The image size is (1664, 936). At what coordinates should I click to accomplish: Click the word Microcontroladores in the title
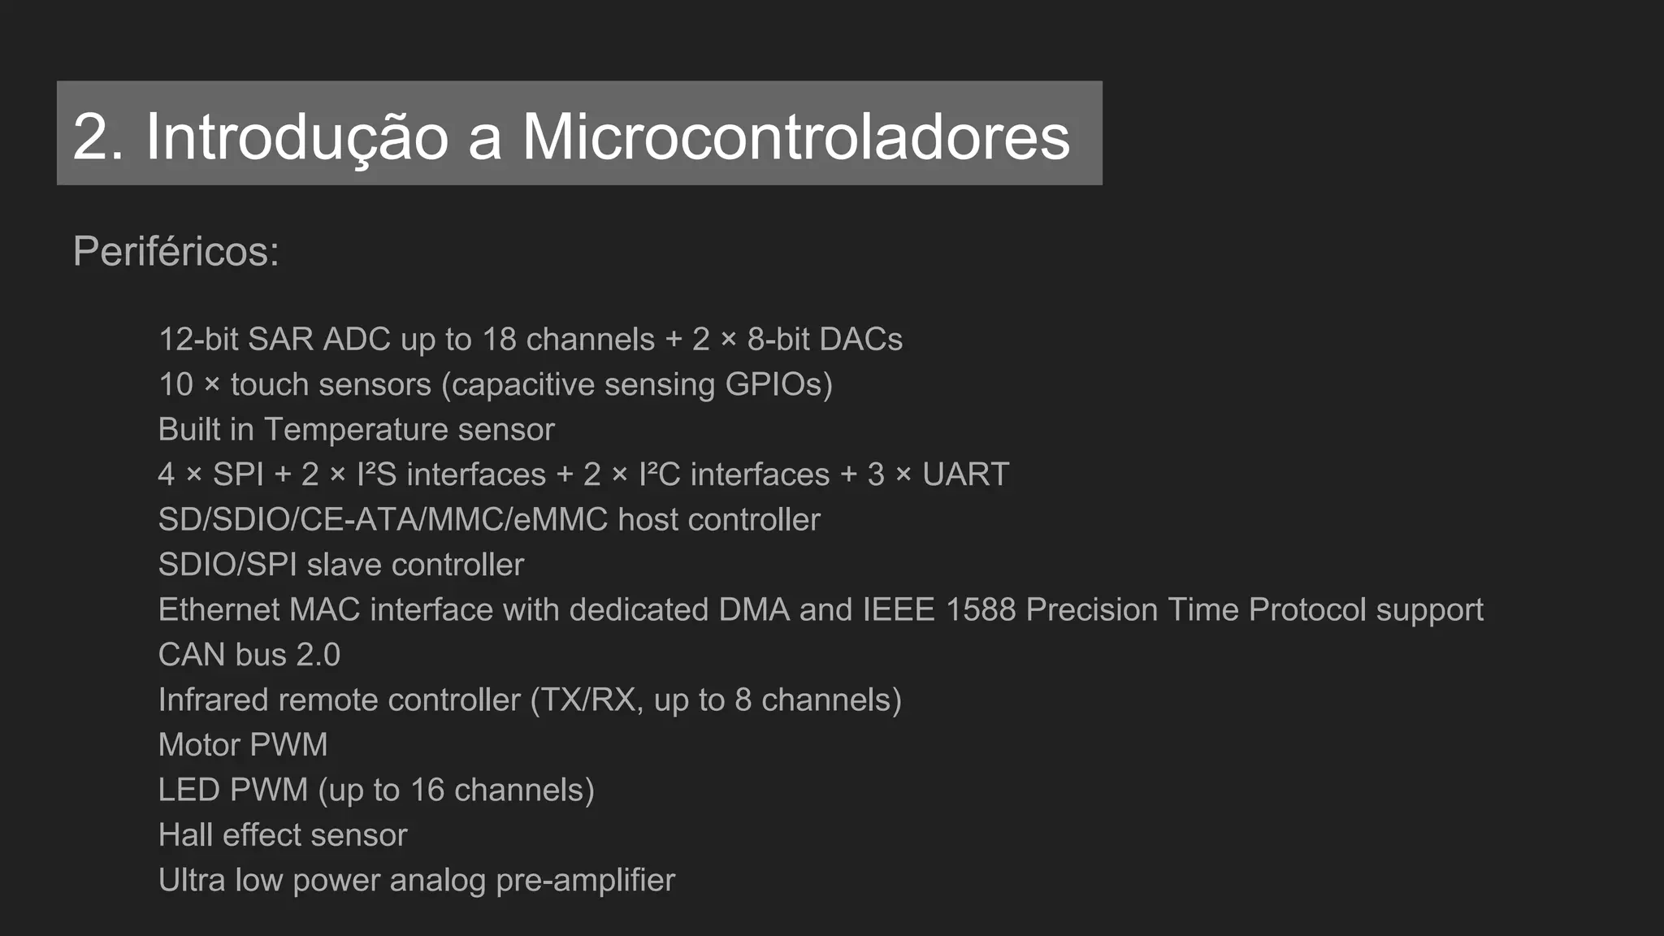pyautogui.click(x=795, y=136)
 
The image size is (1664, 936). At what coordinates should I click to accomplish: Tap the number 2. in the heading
pyautogui.click(x=98, y=136)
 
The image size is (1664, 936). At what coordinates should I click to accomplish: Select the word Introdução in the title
pyautogui.click(x=297, y=136)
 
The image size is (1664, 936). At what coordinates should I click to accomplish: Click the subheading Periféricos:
pyautogui.click(x=175, y=251)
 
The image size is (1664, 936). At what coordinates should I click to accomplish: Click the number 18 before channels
pyautogui.click(x=499, y=340)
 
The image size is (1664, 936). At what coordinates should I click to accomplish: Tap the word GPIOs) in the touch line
pyautogui.click(x=778, y=385)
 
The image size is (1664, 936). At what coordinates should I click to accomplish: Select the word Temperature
pyautogui.click(x=356, y=430)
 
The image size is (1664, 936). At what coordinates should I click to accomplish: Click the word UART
pyautogui.click(x=965, y=474)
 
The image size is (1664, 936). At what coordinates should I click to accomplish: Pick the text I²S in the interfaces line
pyautogui.click(x=376, y=474)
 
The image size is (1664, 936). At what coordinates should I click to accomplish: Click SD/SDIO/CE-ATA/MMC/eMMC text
pyautogui.click(x=383, y=520)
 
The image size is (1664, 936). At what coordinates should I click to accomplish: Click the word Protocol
pyautogui.click(x=1307, y=610)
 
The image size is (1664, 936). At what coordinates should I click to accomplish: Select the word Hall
pyautogui.click(x=185, y=835)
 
